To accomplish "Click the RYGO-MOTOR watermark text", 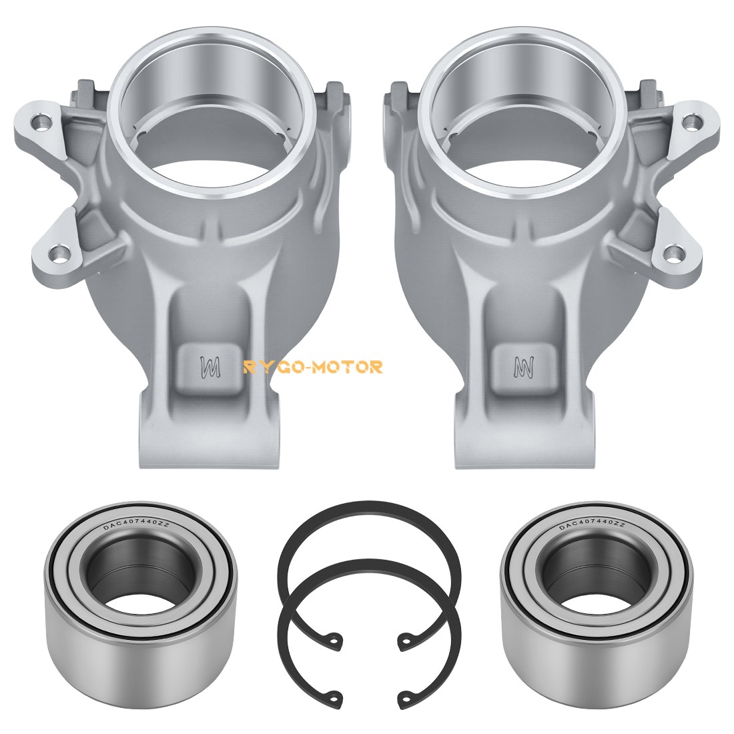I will pos(313,366).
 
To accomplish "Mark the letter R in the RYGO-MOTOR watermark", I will pos(250,366).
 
